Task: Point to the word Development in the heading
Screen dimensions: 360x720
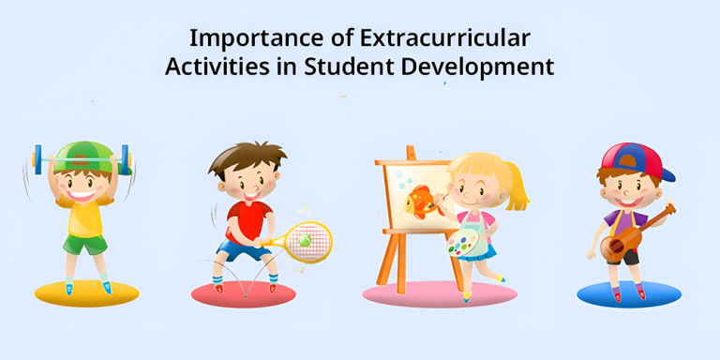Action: [481, 68]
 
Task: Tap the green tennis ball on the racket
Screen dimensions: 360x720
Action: [304, 241]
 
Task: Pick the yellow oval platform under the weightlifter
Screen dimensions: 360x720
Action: [87, 294]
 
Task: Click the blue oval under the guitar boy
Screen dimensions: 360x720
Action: [629, 294]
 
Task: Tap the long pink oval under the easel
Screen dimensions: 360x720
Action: [440, 294]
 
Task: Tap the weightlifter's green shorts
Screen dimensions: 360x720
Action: [85, 243]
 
